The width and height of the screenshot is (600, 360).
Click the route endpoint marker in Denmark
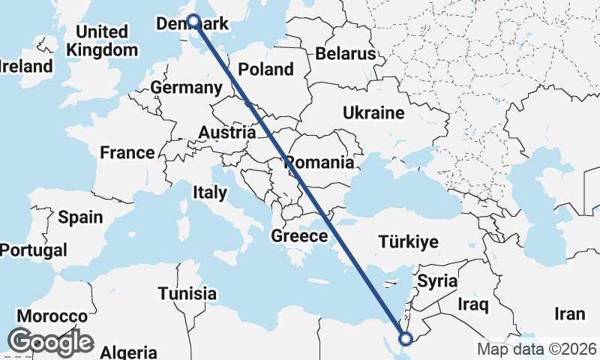pyautogui.click(x=193, y=22)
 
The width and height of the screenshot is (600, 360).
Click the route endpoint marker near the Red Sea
pyautogui.click(x=406, y=339)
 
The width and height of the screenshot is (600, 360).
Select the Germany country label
pyautogui.click(x=186, y=88)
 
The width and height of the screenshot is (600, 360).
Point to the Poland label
pyautogui.click(x=265, y=69)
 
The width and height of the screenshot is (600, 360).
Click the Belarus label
pyautogui.click(x=345, y=54)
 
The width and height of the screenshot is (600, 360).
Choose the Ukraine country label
pyautogui.click(x=373, y=112)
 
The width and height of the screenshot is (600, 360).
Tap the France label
pyautogui.click(x=127, y=153)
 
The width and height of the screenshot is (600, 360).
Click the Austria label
pyautogui.click(x=226, y=133)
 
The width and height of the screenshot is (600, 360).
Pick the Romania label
pyautogui.click(x=319, y=162)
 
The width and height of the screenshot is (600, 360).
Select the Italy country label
pyautogui.click(x=209, y=192)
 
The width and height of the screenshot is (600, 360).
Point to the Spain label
pyautogui.click(x=80, y=217)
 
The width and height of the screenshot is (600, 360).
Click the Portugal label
pyautogui.click(x=34, y=250)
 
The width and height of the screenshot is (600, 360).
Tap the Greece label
pyautogui.click(x=299, y=236)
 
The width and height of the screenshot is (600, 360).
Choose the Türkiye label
pyautogui.click(x=408, y=241)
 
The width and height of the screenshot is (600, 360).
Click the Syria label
pyautogui.click(x=437, y=282)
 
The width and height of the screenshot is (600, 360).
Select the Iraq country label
pyautogui.click(x=473, y=304)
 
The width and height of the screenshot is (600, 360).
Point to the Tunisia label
pyautogui.click(x=187, y=293)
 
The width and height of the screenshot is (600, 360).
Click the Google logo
pyautogui.click(x=50, y=342)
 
